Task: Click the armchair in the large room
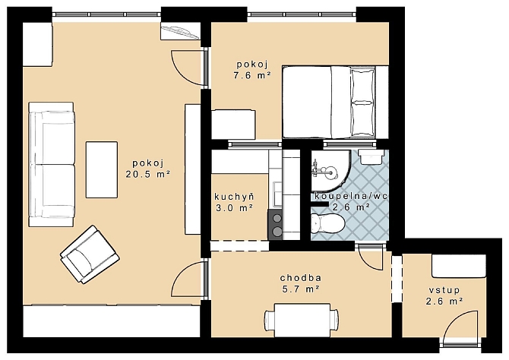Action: coord(90,255)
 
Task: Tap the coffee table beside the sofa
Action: coord(102,169)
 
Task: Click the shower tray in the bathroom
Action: coord(330,170)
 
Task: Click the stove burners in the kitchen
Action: coord(275,225)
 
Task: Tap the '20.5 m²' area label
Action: coord(148,175)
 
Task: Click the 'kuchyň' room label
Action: coord(235,197)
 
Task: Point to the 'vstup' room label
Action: coord(444,290)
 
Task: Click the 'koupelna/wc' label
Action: coord(351,196)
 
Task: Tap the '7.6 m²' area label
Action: coord(252,76)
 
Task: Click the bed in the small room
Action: coord(335,103)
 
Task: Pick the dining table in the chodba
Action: coord(302,320)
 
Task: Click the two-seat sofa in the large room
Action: coord(52,164)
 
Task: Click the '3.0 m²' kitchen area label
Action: coord(235,208)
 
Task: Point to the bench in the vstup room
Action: coord(459,266)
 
